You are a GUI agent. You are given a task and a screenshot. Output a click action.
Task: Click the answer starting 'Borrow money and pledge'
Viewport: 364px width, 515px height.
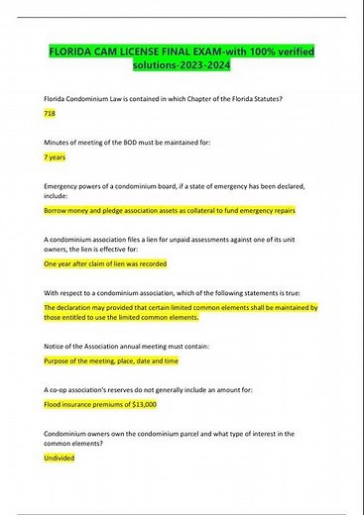click(x=170, y=211)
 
